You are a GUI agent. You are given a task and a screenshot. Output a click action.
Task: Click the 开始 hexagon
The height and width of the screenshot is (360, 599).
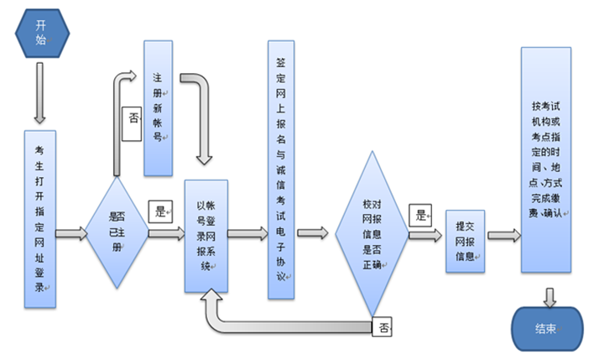(x=42, y=33)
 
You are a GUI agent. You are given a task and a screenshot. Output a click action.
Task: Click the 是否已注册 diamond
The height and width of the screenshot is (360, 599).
(x=117, y=232)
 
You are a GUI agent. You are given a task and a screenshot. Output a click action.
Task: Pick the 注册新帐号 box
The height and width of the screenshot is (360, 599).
(x=158, y=107)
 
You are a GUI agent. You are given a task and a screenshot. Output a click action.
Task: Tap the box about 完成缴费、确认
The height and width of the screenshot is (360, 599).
(x=546, y=159)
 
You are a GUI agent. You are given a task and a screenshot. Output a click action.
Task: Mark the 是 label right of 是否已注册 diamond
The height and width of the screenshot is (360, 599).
(x=159, y=211)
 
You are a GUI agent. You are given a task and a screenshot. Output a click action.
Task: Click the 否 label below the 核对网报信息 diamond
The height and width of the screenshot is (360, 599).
(x=383, y=326)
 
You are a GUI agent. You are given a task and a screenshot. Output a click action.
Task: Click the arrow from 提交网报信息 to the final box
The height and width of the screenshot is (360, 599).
(x=503, y=235)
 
